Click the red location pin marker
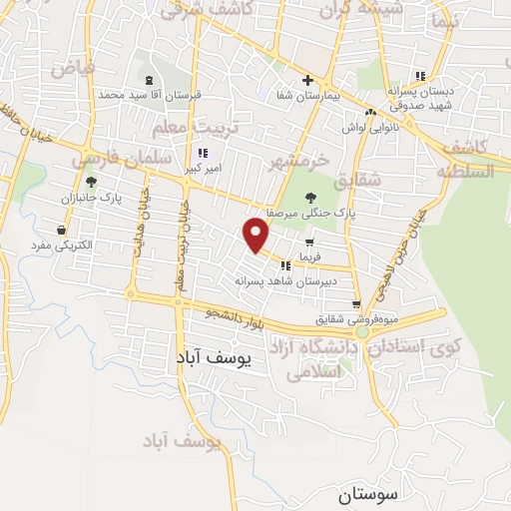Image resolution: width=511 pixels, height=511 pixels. coord(256,235)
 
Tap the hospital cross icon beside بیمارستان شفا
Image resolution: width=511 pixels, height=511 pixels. coord(307,81)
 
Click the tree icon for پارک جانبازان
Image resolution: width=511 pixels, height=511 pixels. coord(91,182)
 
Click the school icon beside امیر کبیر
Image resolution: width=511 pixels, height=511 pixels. coord(203,154)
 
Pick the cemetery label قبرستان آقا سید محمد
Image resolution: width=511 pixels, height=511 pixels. coord(150,95)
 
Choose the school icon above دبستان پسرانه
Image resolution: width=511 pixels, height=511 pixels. coord(419,76)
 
